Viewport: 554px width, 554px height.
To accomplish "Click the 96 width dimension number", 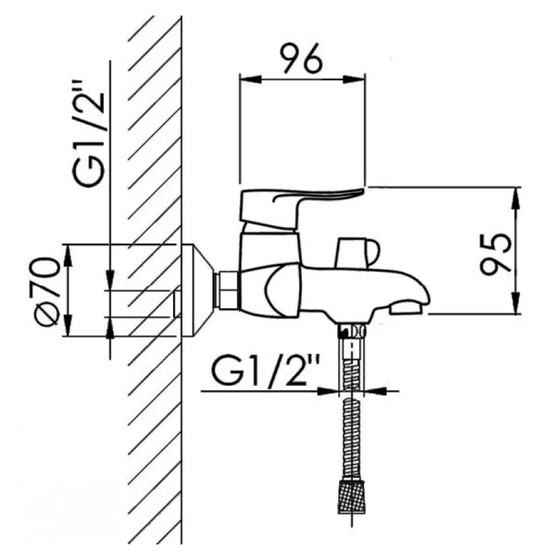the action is [301, 58].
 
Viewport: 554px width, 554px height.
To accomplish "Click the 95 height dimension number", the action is [496, 254].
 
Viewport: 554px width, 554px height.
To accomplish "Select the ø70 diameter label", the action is [47, 292].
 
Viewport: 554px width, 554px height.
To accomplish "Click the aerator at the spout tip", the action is [406, 309].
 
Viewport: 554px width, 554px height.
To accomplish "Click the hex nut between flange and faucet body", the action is [228, 291].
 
